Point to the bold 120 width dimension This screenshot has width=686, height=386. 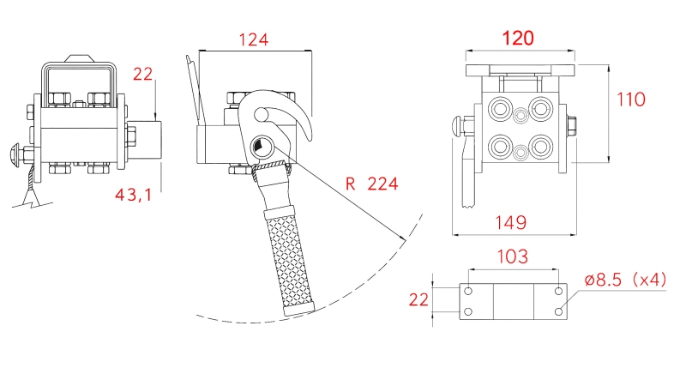click(x=518, y=38)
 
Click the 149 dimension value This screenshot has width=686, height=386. click(x=510, y=222)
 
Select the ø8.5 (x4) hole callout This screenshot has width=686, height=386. click(x=625, y=280)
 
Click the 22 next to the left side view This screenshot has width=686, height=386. click(x=142, y=75)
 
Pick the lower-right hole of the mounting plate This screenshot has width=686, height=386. click(x=559, y=312)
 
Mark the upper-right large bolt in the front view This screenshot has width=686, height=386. click(x=539, y=108)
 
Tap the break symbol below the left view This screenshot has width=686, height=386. click(x=31, y=202)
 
